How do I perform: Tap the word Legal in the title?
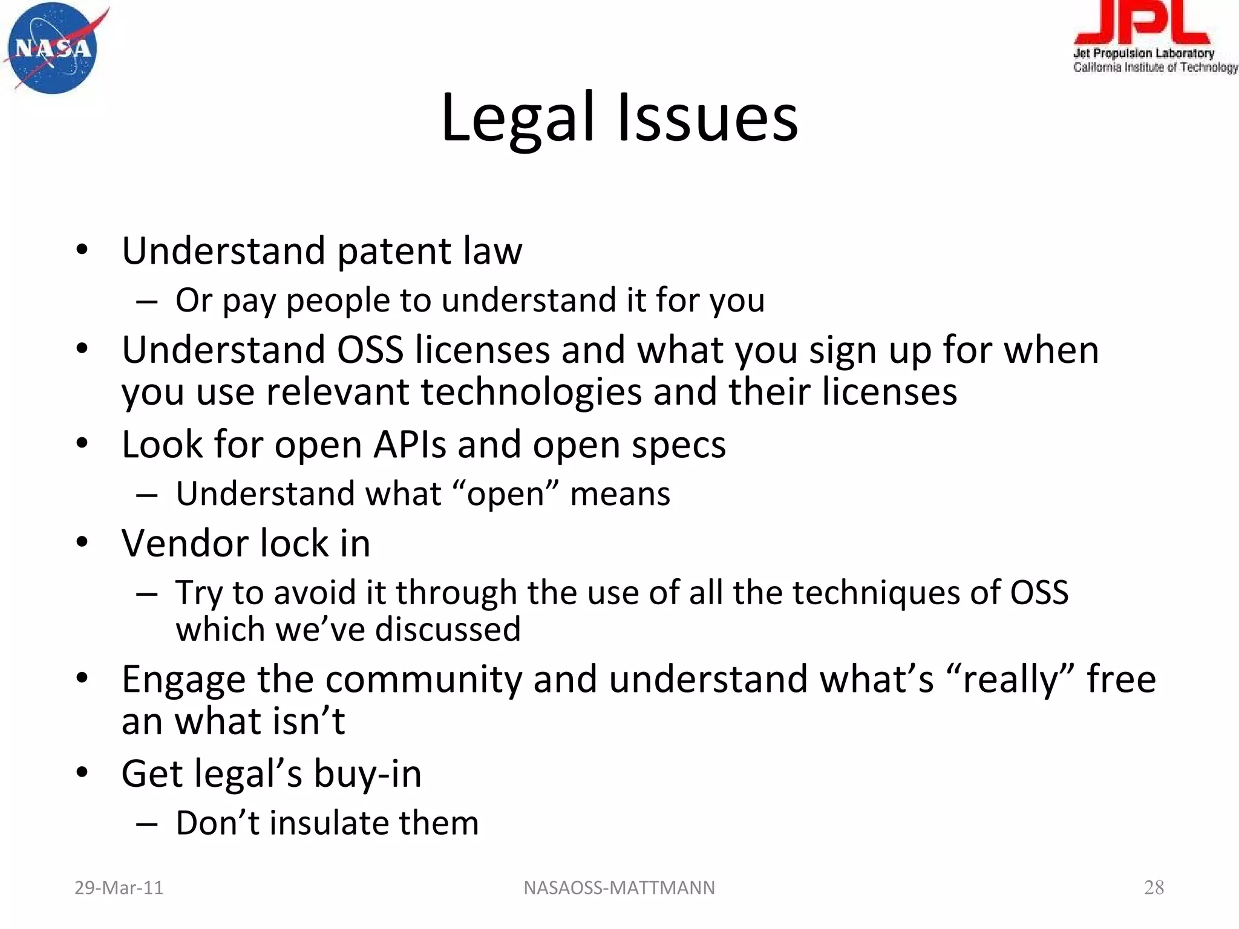pyautogui.click(x=518, y=119)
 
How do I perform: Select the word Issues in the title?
pyautogui.click(x=707, y=119)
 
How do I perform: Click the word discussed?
pyautogui.click(x=448, y=630)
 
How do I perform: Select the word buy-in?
pyautogui.click(x=367, y=774)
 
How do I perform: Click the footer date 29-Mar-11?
pyautogui.click(x=119, y=888)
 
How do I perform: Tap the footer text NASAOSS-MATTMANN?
pyautogui.click(x=619, y=888)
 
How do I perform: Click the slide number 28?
pyautogui.click(x=1154, y=887)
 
